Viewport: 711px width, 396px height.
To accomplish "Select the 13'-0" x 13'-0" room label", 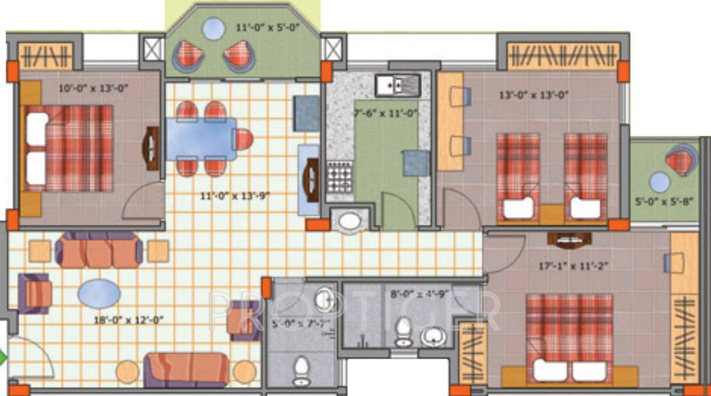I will click(534, 95).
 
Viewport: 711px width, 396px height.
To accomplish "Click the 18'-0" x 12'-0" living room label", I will click(128, 320).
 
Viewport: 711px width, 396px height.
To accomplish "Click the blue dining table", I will click(201, 139).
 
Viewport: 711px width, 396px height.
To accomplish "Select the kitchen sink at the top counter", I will click(398, 85).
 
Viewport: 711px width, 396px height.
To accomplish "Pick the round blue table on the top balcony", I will click(213, 29).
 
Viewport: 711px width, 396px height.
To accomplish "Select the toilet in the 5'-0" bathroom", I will click(301, 369).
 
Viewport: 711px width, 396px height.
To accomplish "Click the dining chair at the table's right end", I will click(243, 140).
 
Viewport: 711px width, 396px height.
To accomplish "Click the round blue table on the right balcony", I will click(660, 182).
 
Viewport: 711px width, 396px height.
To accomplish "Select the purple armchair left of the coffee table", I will click(35, 294).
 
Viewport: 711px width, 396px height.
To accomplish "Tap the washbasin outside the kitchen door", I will click(350, 222).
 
